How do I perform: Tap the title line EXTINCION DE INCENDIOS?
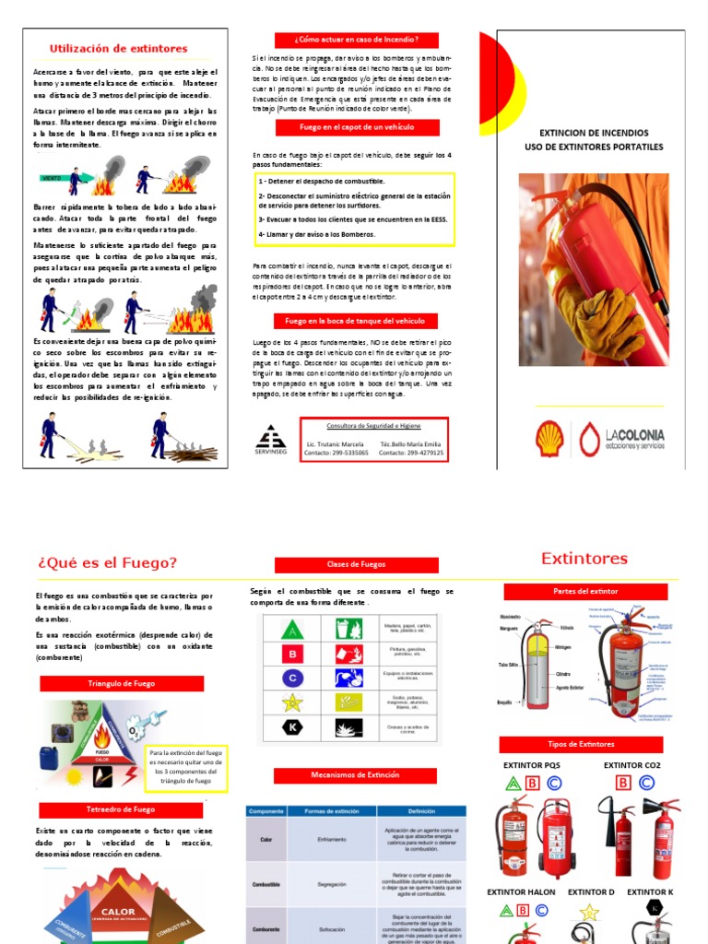(593, 133)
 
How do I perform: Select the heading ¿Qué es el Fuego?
(107, 563)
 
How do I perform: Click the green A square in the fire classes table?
(292, 630)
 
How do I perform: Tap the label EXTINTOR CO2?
(631, 765)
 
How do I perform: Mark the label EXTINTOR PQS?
(531, 765)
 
